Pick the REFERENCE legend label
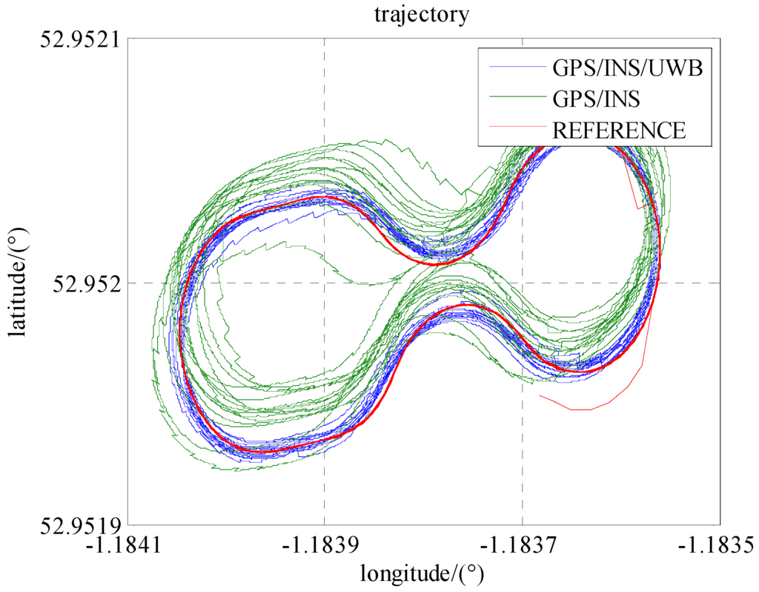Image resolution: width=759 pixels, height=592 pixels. [x=619, y=130]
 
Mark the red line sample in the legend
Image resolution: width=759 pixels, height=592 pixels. [x=517, y=130]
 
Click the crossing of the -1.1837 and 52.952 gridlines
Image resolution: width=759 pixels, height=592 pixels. [x=522, y=283]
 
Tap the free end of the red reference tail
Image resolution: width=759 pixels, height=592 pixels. [x=540, y=396]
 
